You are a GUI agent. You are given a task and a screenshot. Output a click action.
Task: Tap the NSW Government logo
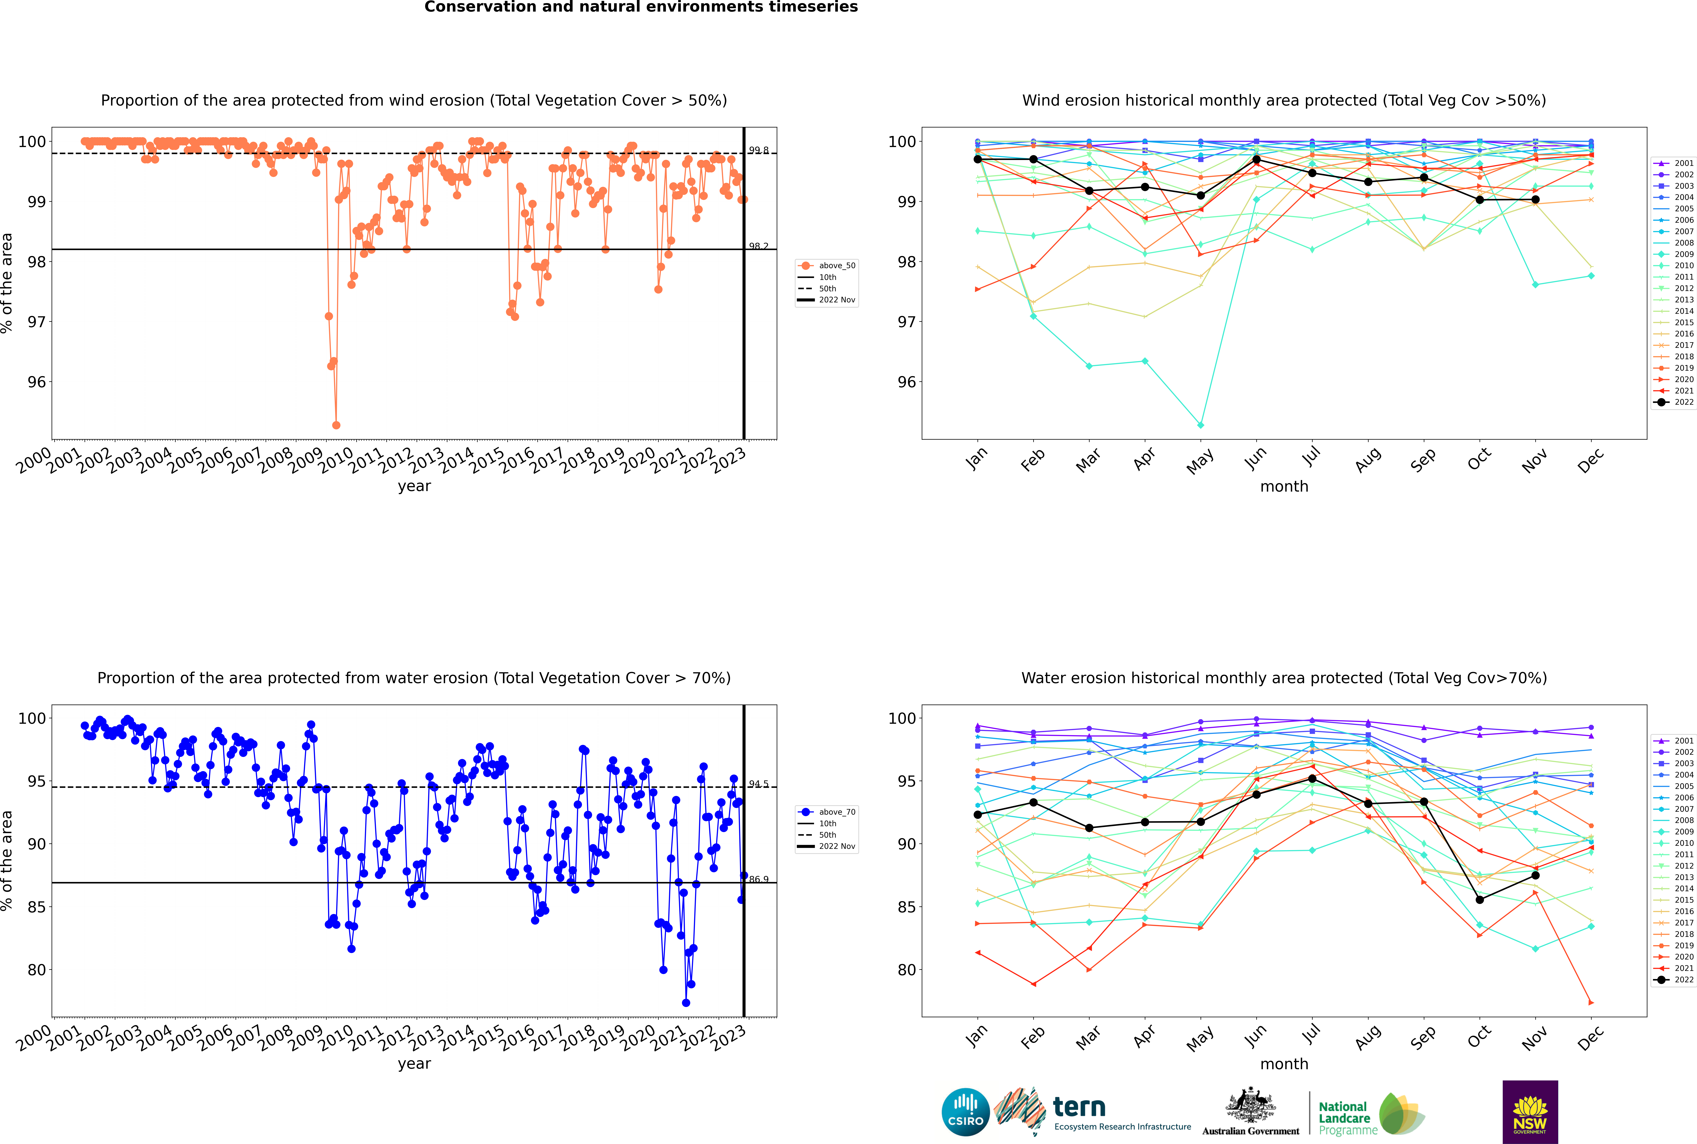1530,1111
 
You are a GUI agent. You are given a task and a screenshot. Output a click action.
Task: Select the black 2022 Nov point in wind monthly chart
1535,199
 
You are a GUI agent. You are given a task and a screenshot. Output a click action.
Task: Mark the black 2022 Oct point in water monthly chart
1480,900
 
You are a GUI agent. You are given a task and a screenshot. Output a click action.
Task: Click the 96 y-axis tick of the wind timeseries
36,382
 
